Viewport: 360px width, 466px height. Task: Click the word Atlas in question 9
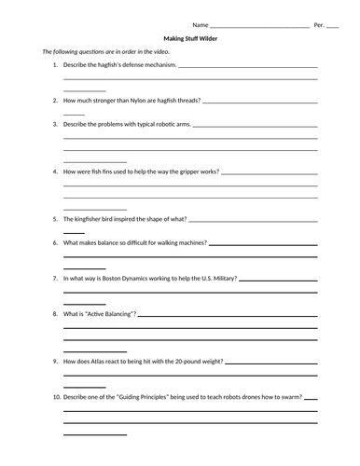[103, 361]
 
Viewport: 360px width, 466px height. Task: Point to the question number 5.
[55, 219]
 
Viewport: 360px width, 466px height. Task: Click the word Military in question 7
[223, 279]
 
